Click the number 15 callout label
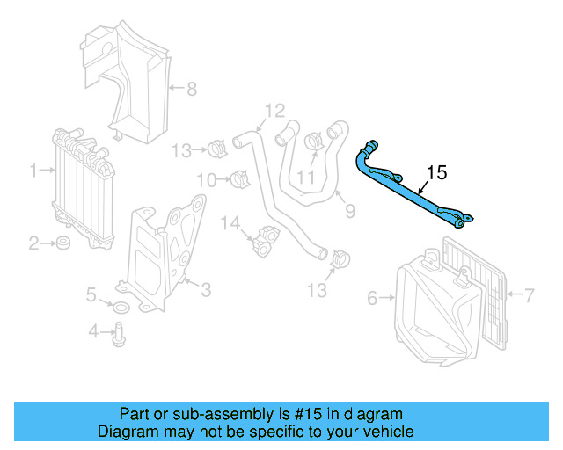coord(437,172)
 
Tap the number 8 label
coord(191,88)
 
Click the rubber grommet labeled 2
coord(63,243)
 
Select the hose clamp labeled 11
coord(312,141)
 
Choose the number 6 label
coord(372,299)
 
